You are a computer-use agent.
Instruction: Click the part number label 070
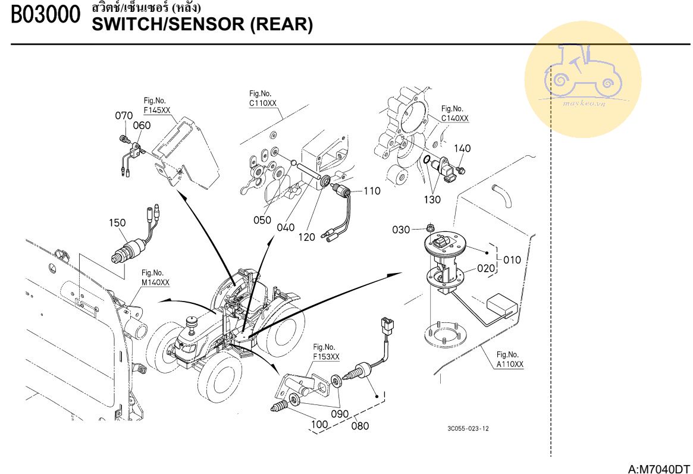point(124,115)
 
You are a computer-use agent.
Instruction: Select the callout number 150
point(117,222)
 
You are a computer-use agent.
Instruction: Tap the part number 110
point(372,191)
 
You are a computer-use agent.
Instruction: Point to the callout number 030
point(401,230)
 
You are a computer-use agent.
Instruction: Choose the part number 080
point(360,425)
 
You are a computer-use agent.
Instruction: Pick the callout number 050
point(262,219)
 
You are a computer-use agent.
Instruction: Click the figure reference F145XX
point(157,111)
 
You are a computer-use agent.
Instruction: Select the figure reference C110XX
point(263,103)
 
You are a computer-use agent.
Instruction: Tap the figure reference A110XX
point(510,365)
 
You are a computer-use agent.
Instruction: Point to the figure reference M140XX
point(155,282)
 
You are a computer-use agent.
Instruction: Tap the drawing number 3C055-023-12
point(468,428)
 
